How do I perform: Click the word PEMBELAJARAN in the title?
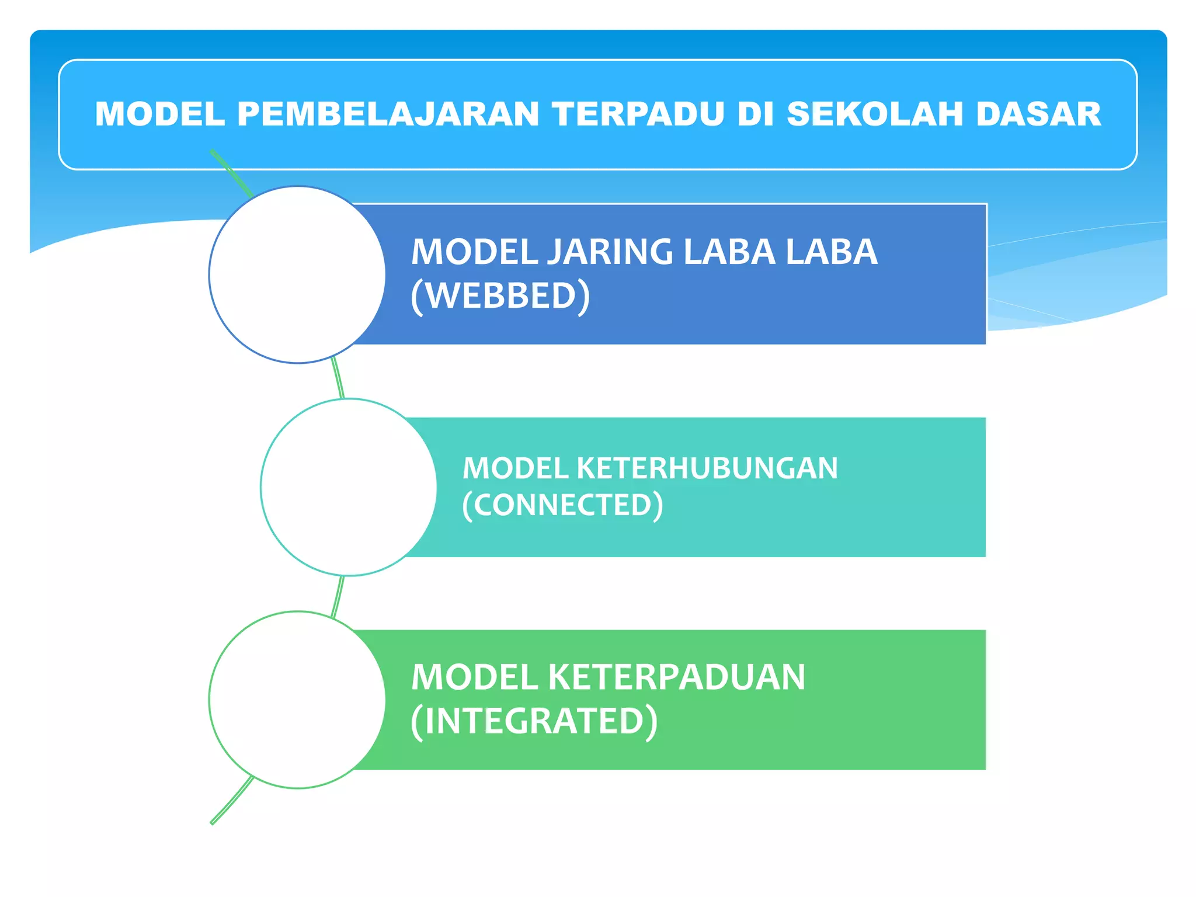tap(388, 114)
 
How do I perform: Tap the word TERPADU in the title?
tap(638, 114)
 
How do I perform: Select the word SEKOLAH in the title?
tap(875, 114)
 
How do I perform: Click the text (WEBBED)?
tap(500, 296)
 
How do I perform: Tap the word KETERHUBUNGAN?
tap(707, 468)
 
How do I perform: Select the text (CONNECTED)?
tap(562, 505)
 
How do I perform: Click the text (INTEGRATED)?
tap(534, 721)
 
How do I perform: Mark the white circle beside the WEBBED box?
tap(297, 274)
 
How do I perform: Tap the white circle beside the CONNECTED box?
tap(349, 487)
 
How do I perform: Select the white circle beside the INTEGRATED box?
tap(297, 700)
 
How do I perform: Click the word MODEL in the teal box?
tap(516, 468)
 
